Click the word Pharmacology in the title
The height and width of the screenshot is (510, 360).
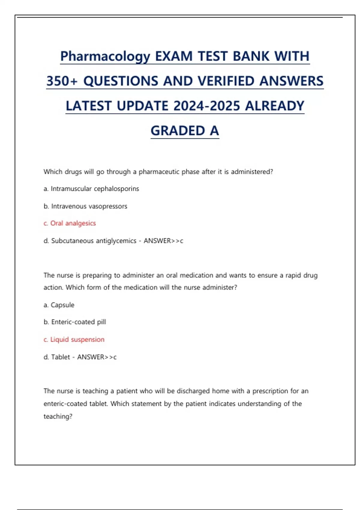[105, 56]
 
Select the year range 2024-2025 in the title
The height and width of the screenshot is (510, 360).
[207, 106]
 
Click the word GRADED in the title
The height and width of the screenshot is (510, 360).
[178, 131]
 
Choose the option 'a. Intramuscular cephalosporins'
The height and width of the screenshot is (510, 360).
[91, 189]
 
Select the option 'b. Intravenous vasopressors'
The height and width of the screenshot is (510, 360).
[85, 206]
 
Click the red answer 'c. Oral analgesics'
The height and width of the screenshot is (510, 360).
[70, 223]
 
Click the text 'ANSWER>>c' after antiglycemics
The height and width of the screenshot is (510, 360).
[163, 241]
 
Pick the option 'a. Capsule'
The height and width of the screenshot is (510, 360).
[59, 305]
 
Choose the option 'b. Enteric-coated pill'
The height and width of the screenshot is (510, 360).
[75, 322]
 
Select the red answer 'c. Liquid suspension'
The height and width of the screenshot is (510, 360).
[74, 339]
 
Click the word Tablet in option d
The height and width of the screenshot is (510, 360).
[61, 357]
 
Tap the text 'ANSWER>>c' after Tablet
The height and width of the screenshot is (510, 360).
[97, 357]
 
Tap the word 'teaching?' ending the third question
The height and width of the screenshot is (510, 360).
[58, 416]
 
